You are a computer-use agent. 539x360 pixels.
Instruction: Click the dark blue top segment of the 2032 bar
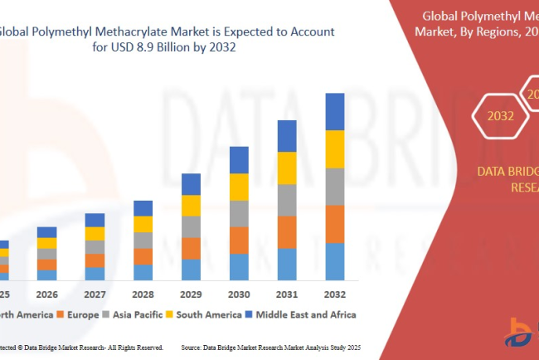coord(335,112)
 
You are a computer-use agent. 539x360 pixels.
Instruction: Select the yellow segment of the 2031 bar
coord(287,168)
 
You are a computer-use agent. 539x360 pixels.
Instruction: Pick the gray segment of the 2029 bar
coord(191,227)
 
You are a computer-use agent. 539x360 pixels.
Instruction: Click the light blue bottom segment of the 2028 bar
coord(143,272)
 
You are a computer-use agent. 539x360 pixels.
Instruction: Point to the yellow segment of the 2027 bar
coord(95,234)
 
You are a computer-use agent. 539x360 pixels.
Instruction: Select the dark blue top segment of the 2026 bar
coord(46,232)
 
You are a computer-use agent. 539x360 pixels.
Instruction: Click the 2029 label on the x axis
coord(191,295)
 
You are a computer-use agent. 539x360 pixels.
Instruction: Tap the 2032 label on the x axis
coord(335,295)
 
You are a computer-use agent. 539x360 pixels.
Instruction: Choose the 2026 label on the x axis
coord(46,295)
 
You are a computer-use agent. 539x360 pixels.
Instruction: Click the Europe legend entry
coord(83,314)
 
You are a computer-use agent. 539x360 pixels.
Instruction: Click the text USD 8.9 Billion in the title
coord(153,46)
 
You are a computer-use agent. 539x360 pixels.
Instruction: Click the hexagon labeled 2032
coord(500,117)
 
